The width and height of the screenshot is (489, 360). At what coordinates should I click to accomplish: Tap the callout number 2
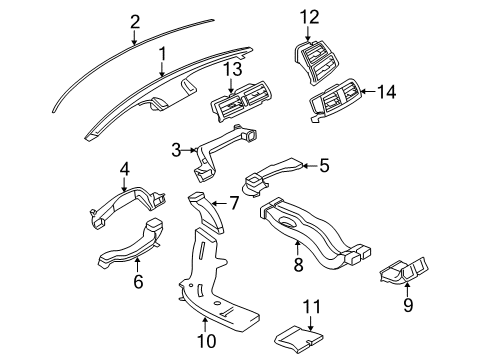[x=135, y=18]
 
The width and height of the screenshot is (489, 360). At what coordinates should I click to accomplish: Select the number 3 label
[x=175, y=149]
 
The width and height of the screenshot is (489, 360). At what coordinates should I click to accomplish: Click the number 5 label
[x=323, y=167]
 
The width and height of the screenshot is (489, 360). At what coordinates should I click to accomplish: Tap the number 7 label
[x=234, y=203]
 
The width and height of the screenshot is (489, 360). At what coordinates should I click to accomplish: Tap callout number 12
[x=311, y=16]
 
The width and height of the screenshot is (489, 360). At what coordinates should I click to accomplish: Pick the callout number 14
[x=387, y=91]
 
